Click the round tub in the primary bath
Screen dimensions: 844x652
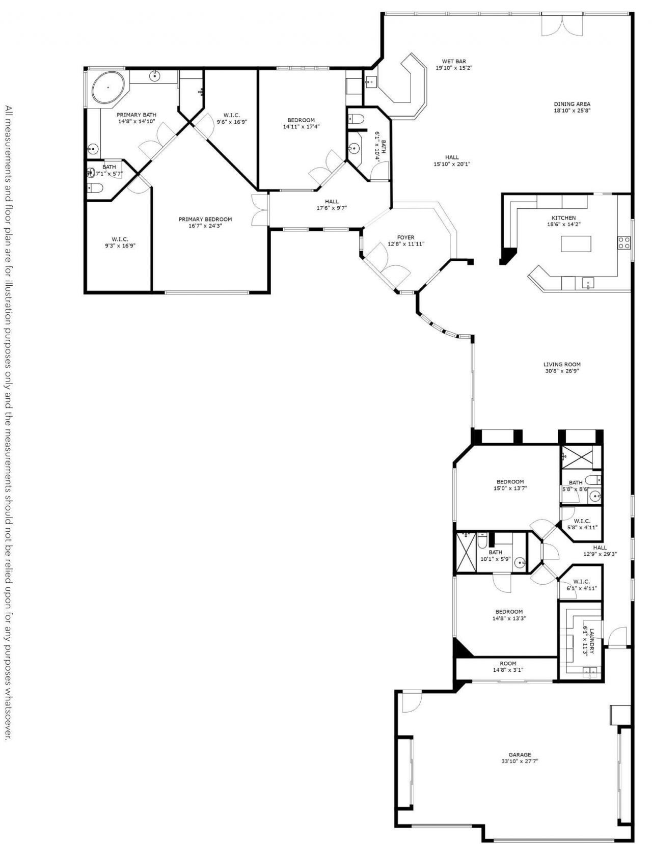point(108,88)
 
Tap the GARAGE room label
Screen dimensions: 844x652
point(519,754)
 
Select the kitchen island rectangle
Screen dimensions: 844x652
point(577,243)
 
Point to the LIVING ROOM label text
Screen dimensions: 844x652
point(562,364)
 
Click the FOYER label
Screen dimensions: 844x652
point(405,237)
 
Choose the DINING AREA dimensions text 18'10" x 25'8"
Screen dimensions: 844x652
point(572,111)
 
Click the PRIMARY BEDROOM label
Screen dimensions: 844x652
point(205,219)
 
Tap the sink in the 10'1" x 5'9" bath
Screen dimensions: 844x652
point(519,563)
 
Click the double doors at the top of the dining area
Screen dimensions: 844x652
point(562,24)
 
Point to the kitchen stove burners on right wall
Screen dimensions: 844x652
point(624,242)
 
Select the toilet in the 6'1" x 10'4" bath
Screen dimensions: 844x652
point(355,119)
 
